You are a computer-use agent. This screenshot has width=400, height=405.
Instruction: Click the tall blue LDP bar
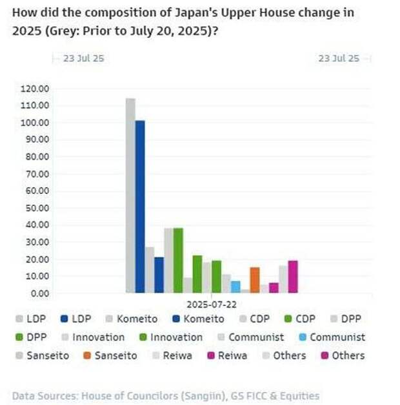click(x=140, y=207)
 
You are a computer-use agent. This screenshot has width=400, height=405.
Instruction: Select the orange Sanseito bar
click(x=255, y=280)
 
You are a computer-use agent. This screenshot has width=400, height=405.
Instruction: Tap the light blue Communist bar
click(x=235, y=287)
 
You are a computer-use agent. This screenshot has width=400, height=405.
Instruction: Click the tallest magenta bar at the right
click(x=293, y=276)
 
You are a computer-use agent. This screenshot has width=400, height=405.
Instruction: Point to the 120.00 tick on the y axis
click(x=36, y=88)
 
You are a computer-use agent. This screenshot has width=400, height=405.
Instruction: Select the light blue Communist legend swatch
click(x=303, y=337)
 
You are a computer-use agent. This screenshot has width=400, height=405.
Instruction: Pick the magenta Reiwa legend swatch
click(x=207, y=355)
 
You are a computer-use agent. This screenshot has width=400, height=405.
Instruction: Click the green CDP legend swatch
click(x=286, y=319)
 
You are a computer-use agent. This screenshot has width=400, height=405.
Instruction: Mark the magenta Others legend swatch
click(x=326, y=355)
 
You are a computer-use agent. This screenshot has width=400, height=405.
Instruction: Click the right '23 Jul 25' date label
click(x=339, y=58)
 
